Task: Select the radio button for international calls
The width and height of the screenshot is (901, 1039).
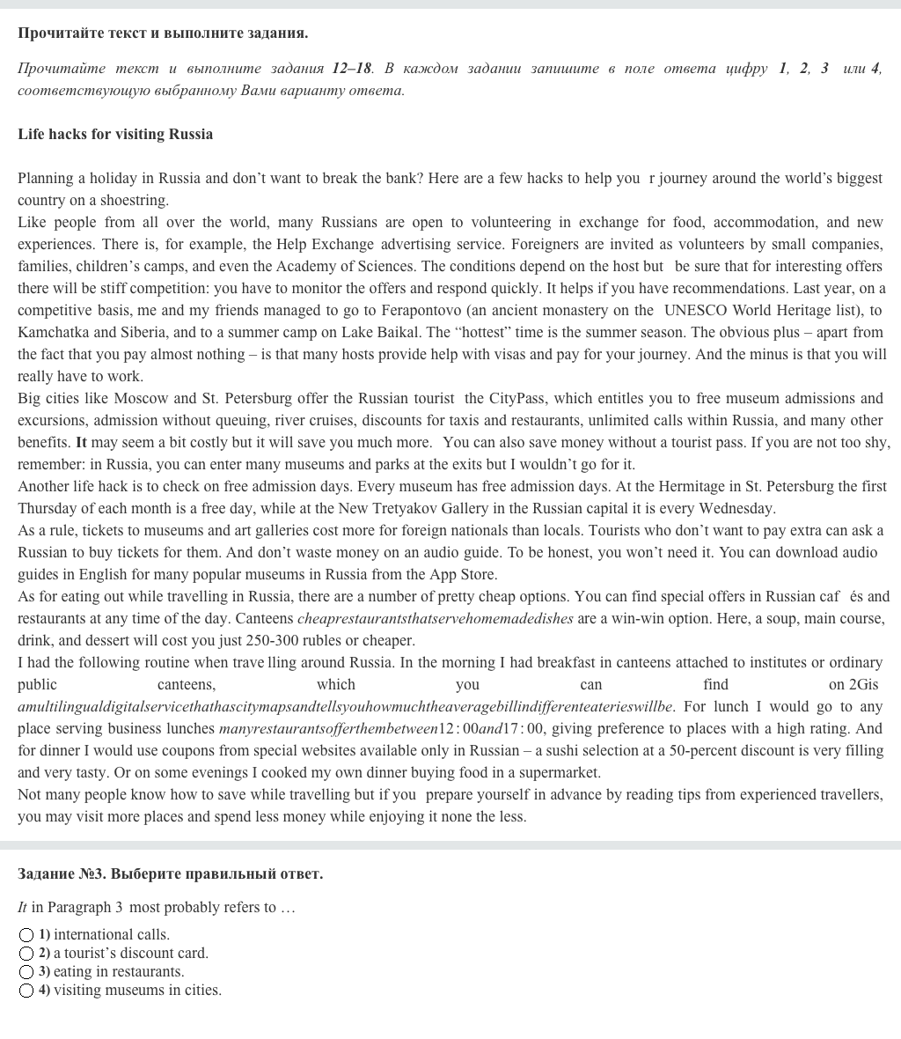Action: point(26,935)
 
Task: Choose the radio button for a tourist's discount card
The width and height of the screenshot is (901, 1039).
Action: point(26,954)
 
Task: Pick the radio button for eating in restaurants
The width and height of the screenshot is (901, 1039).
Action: point(26,972)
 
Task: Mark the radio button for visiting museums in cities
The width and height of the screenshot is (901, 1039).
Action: point(26,991)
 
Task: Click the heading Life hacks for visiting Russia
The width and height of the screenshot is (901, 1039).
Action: point(115,135)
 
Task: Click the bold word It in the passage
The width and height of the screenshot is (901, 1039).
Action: point(82,443)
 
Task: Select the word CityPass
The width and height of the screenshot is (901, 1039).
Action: point(516,399)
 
